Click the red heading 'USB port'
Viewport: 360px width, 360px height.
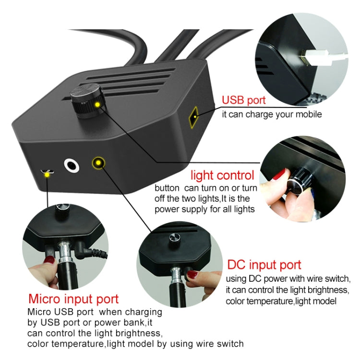coord(243,101)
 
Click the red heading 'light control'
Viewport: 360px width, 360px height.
coord(222,175)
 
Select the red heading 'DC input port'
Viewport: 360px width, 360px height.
coord(264,265)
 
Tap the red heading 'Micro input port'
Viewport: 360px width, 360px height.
coord(73,299)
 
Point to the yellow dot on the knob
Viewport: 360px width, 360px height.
coord(97,104)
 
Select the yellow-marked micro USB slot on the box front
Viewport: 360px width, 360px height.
coord(47,172)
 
